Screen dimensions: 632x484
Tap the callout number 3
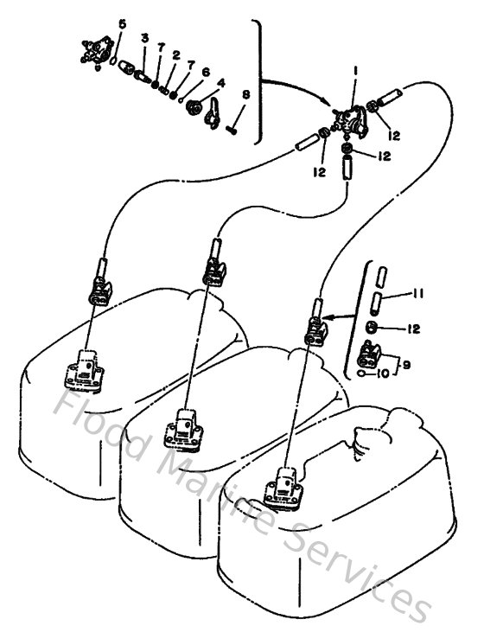(145, 39)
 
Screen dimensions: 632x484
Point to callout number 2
(175, 55)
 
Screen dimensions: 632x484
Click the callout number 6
(206, 73)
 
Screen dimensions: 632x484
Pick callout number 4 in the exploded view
(221, 84)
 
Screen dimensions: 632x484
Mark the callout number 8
(246, 94)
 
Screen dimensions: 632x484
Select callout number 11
(417, 295)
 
